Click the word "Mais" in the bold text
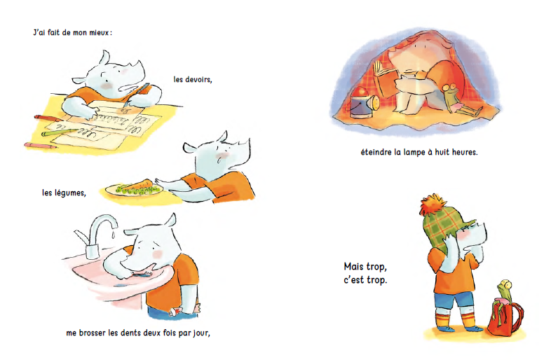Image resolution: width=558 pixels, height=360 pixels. pyautogui.click(x=354, y=266)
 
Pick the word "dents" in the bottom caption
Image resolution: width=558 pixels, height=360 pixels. pyautogui.click(x=130, y=333)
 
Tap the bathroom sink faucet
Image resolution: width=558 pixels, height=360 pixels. pyautogui.click(x=95, y=235)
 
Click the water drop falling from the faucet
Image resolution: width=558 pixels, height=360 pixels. pyautogui.click(x=112, y=233)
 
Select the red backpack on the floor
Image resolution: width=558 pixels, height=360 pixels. pyautogui.click(x=505, y=318)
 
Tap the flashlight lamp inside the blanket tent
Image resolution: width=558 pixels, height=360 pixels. pyautogui.click(x=365, y=104)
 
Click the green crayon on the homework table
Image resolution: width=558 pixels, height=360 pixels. pyautogui.click(x=59, y=132)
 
